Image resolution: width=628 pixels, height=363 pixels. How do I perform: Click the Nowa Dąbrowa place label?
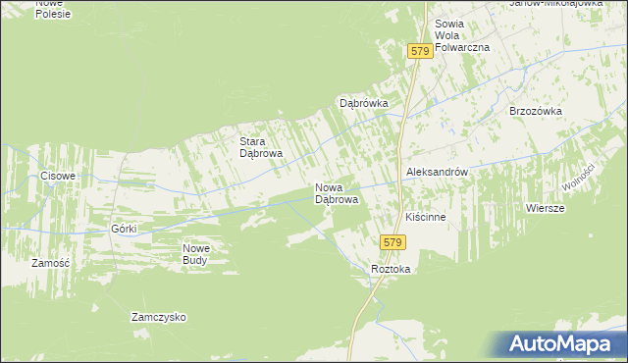(336, 193)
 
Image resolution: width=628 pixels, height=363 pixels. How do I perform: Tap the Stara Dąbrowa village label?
(262, 147)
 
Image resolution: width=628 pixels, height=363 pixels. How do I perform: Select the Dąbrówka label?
(364, 103)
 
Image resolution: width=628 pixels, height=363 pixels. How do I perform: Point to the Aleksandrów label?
(436, 172)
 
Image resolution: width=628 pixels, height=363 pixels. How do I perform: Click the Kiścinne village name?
(426, 217)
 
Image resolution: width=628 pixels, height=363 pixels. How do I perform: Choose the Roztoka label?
(391, 270)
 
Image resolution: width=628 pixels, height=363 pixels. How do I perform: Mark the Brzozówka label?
(535, 112)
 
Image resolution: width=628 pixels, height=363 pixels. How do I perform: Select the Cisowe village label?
(58, 177)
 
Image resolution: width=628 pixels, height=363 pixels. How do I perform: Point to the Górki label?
(124, 229)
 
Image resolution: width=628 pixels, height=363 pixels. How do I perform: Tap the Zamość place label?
(50, 264)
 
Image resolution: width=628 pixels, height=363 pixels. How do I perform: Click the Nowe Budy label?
(196, 254)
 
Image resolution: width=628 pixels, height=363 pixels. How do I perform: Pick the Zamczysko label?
(159, 318)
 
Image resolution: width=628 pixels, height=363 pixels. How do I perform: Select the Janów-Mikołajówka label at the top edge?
(555, 4)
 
